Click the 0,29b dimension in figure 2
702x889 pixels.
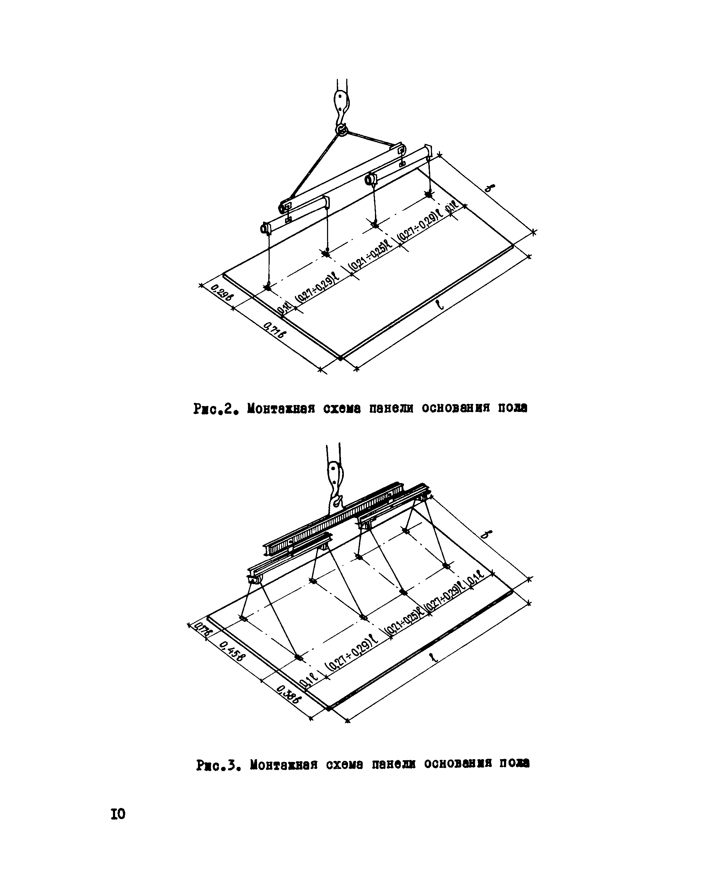coord(222,294)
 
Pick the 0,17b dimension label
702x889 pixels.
coord(202,630)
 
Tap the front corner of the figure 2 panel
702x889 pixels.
coord(340,358)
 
